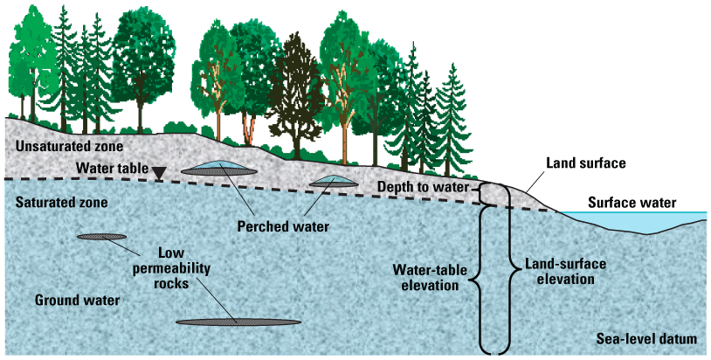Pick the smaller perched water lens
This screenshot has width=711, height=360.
pos(335,181)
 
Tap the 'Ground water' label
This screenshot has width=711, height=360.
pos(77,301)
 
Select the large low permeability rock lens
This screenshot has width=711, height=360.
pos(238,322)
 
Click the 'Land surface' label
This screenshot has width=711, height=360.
pos(585,163)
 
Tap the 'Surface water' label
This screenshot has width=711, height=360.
pos(632,203)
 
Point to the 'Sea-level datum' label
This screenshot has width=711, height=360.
pos(645,339)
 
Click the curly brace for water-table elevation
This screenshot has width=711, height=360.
pos(477,280)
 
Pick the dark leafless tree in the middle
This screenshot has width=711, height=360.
pos(294,96)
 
